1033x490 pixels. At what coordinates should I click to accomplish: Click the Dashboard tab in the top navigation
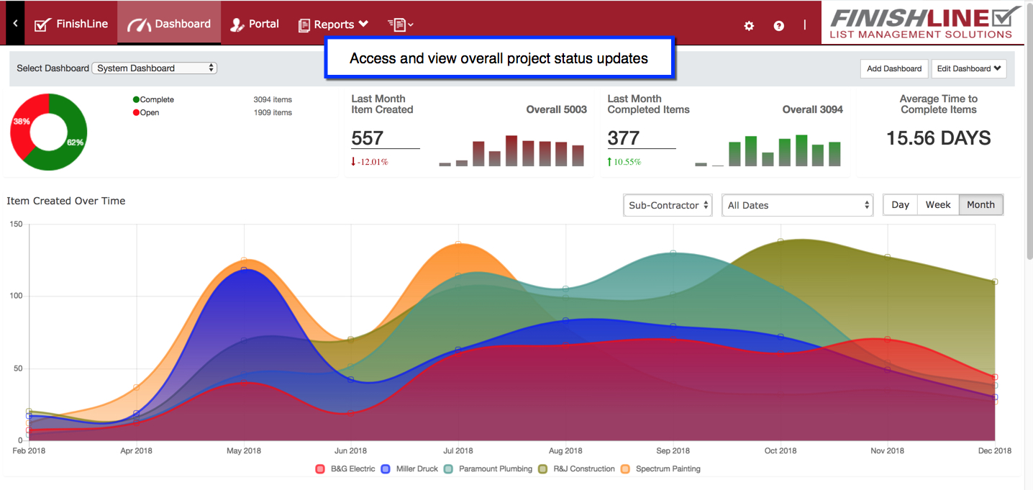point(169,24)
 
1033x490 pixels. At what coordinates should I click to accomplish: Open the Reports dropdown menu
point(333,24)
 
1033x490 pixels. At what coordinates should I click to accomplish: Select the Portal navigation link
point(255,24)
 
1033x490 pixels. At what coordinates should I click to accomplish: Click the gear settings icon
point(749,26)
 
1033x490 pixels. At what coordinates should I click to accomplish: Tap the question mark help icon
point(779,26)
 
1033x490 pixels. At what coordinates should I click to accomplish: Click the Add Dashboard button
point(894,68)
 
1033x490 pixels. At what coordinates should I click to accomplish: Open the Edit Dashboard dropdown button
point(968,68)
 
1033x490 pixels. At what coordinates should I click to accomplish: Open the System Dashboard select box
point(154,68)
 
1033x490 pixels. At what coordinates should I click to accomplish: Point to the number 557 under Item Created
point(368,138)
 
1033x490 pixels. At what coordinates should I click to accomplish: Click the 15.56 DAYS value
point(938,138)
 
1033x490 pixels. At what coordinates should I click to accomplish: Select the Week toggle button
point(938,205)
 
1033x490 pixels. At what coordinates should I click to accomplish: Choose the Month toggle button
point(980,205)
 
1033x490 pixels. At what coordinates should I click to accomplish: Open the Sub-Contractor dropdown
point(668,205)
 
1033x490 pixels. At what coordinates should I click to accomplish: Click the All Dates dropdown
point(797,205)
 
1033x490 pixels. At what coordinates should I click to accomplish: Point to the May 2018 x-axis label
point(244,451)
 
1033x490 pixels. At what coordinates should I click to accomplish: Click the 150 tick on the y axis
point(15,224)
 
